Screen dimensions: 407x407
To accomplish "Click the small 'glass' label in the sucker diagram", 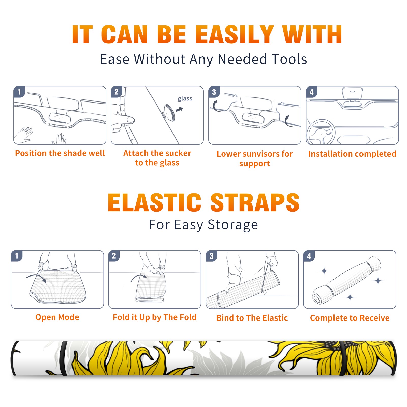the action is (185, 99).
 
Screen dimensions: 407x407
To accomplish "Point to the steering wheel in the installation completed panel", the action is (321, 132).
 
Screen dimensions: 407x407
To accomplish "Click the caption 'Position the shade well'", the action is (60, 153).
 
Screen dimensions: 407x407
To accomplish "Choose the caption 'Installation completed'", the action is (352, 154).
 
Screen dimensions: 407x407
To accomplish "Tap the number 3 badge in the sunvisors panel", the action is (214, 92).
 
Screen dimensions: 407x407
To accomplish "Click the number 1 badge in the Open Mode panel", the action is (17, 256).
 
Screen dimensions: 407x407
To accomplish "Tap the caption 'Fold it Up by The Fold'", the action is (155, 317).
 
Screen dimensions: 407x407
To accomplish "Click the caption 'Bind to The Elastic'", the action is (252, 318).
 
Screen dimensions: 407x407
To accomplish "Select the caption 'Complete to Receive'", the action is (350, 318).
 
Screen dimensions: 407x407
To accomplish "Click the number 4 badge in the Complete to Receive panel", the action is (309, 256).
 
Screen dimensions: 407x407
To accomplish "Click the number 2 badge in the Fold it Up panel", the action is (114, 256).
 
